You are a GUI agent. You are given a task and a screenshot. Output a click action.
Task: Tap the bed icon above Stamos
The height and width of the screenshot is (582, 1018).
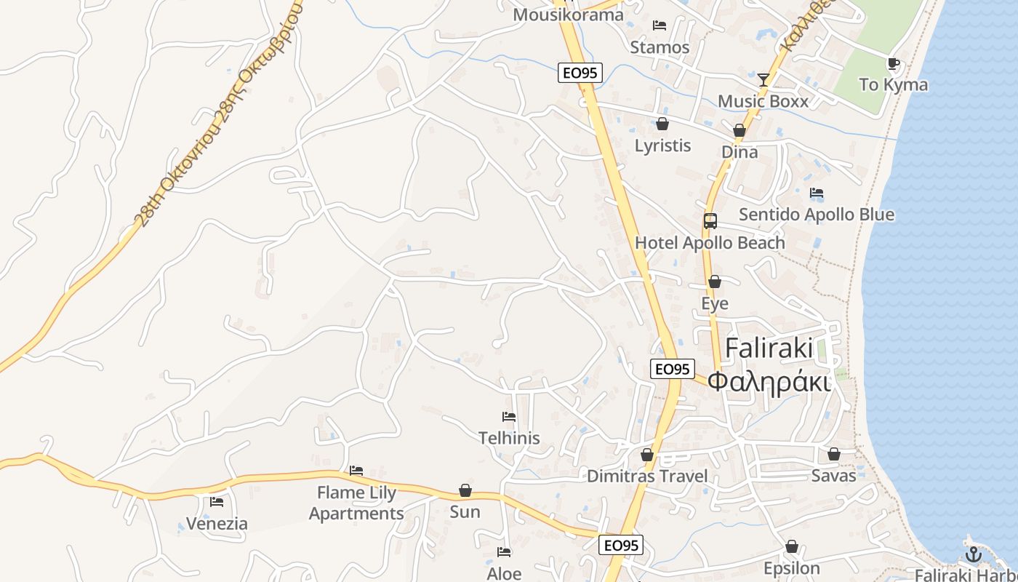(660, 25)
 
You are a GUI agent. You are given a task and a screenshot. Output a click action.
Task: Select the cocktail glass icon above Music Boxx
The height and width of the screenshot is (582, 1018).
(763, 79)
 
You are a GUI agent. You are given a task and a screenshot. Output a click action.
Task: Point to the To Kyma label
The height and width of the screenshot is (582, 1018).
(893, 84)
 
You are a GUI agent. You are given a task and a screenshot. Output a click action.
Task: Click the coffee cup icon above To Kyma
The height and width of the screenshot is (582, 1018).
(894, 64)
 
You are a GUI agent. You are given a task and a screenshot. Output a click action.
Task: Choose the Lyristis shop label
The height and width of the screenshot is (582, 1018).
(662, 145)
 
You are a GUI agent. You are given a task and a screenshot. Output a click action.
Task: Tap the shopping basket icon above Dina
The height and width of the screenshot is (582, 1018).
(740, 131)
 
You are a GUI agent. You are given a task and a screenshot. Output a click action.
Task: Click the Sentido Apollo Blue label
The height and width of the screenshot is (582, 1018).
(816, 215)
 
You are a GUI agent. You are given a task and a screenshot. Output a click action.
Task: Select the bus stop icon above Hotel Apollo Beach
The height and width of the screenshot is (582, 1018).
(710, 221)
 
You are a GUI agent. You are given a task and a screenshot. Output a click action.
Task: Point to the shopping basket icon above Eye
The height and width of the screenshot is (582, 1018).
(715, 282)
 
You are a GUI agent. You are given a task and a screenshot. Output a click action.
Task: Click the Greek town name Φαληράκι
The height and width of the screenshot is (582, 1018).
(769, 381)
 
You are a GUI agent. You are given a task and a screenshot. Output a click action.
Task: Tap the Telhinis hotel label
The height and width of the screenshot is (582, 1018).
(509, 437)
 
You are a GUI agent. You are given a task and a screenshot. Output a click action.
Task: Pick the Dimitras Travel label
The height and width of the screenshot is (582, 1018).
(646, 476)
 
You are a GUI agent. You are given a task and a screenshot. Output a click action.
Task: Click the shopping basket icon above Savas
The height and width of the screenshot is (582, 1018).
(834, 455)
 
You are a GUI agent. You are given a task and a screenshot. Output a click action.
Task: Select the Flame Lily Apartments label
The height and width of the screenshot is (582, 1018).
(356, 503)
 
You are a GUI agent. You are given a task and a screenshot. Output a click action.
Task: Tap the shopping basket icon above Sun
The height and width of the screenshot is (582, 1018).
(465, 491)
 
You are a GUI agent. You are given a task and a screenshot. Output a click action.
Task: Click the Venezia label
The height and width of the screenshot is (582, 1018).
(217, 523)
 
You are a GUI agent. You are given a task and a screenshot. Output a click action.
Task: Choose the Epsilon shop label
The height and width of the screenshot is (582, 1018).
(791, 568)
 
